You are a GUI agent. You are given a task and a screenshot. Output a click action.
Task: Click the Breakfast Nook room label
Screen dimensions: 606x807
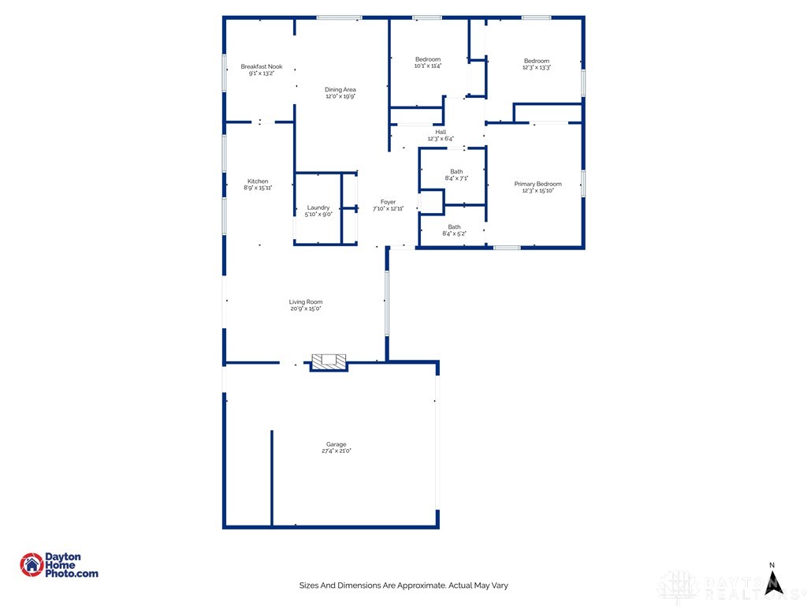pos(261,67)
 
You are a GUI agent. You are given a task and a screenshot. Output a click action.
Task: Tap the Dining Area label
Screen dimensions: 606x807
pos(340,90)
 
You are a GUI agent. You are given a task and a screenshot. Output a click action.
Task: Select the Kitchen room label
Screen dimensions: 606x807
pos(258,181)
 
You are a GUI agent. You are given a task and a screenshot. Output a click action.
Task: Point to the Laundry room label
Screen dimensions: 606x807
pos(318,208)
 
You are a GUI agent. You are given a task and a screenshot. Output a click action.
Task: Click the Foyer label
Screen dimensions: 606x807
pos(388,202)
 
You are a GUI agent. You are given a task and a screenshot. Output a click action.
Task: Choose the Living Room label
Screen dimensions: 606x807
pos(305,302)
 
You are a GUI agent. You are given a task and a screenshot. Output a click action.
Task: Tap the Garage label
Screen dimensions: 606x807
pos(336,444)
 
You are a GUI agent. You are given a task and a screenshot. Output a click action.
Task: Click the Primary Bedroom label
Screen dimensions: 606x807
pos(537,184)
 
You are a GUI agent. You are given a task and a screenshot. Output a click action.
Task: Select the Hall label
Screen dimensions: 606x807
pos(441,132)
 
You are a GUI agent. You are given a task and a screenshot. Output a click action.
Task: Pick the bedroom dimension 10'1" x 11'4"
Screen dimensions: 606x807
pos(428,66)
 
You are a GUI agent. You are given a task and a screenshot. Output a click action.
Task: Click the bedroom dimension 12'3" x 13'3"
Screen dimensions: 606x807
pos(536,68)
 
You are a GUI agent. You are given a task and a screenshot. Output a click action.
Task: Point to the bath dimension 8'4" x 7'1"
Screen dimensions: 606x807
pos(456,178)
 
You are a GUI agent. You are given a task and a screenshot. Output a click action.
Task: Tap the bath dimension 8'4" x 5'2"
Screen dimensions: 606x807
pos(455,234)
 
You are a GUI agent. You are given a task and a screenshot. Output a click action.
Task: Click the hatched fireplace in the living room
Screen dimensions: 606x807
pos(329,361)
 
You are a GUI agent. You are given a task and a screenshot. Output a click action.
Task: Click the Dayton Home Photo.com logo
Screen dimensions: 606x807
pos(59,565)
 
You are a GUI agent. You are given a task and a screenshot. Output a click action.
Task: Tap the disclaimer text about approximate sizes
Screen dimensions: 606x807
pos(408,585)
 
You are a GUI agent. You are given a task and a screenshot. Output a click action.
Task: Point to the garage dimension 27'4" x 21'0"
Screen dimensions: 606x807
pos(336,451)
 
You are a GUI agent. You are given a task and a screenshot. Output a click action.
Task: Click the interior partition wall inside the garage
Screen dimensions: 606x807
pos(272,477)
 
